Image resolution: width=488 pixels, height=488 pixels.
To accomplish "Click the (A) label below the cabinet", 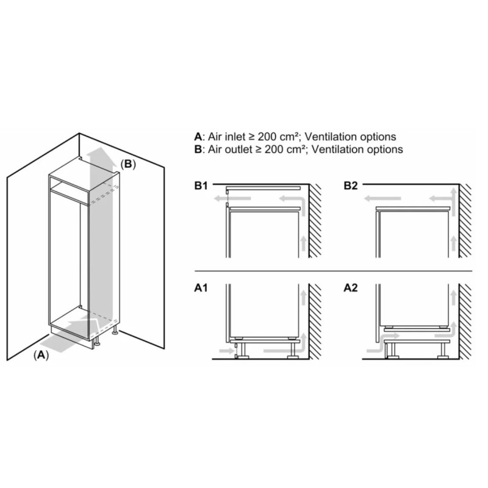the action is (x=41, y=355).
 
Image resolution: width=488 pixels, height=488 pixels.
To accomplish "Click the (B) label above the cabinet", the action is (x=128, y=164).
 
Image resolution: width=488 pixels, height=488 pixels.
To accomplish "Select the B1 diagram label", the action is (x=201, y=186).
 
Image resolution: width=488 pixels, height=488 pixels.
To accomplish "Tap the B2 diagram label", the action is (x=351, y=186).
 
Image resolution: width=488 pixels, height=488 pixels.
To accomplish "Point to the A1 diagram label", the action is (x=201, y=288).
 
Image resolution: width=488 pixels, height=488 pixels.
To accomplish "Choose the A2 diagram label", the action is (x=351, y=288).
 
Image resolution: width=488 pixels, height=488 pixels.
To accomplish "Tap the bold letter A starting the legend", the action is (x=198, y=137).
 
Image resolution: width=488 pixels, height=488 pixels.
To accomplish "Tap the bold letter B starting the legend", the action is (x=198, y=149).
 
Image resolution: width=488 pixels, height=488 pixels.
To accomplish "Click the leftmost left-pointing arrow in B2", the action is (x=382, y=198).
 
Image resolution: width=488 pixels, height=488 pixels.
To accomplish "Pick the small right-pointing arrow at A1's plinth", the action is (x=226, y=351).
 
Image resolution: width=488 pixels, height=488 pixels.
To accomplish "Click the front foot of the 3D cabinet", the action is (x=97, y=343).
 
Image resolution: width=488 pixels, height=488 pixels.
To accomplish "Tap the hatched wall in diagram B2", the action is (x=465, y=221).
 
